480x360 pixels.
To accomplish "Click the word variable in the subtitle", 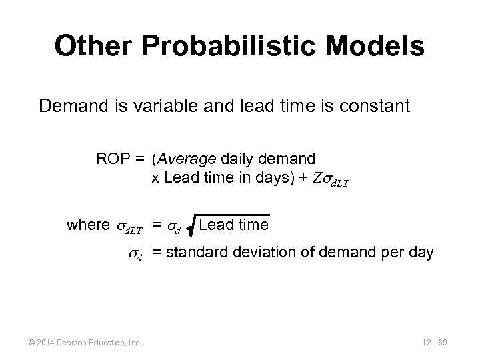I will pos(169,106).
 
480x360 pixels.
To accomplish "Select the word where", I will pos(85,225).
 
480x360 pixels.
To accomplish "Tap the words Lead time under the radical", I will pos(233,225).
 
